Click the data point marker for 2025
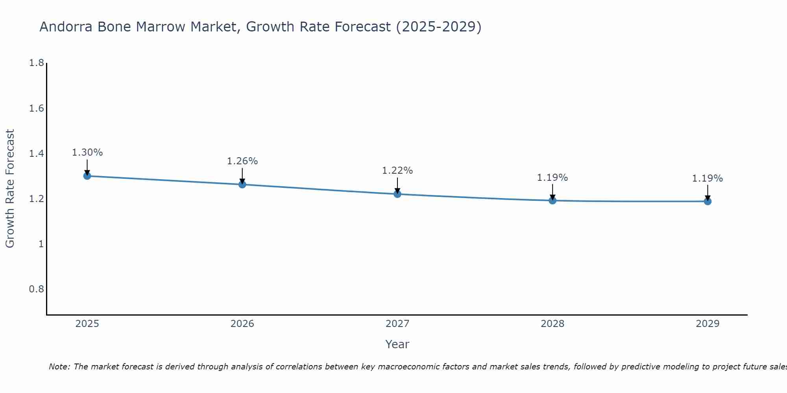(87, 176)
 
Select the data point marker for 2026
(242, 184)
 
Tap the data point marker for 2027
(397, 194)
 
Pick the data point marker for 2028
(552, 200)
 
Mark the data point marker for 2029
(707, 201)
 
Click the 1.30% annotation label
(87, 152)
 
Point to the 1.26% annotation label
(242, 161)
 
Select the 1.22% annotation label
(397, 171)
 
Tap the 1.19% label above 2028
(552, 178)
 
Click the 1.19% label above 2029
(707, 178)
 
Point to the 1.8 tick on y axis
(36, 63)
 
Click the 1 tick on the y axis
(41, 244)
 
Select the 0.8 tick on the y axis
(36, 289)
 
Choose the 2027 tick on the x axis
(397, 324)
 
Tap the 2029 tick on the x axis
(707, 324)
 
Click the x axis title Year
(397, 344)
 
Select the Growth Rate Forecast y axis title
(10, 189)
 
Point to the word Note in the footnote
(59, 367)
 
